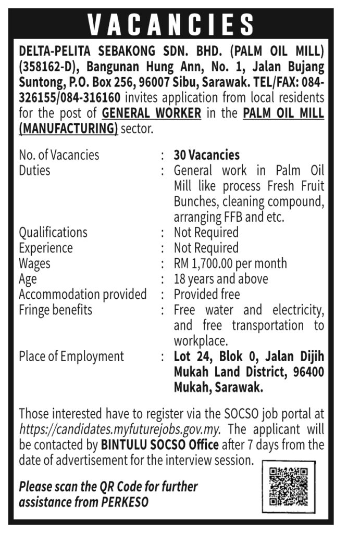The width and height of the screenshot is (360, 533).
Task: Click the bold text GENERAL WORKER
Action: click(152, 113)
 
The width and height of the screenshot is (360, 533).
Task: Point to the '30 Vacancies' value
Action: click(207, 155)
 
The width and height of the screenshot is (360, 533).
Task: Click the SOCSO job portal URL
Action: click(120, 430)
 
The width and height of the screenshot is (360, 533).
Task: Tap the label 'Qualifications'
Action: click(53, 232)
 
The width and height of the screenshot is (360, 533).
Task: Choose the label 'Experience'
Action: click(46, 248)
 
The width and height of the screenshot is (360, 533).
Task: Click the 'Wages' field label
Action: click(35, 263)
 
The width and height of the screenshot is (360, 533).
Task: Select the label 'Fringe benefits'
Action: click(55, 310)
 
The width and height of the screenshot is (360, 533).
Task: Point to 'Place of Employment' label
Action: click(71, 357)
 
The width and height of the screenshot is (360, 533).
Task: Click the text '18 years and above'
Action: click(221, 279)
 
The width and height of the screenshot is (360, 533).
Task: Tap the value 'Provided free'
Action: click(207, 295)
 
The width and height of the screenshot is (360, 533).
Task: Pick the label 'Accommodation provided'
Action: click(83, 295)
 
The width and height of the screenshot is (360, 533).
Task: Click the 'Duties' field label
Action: click(34, 170)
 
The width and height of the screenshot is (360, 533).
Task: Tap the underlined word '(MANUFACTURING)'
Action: click(68, 129)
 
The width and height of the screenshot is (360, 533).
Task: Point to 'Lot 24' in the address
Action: click(192, 357)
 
